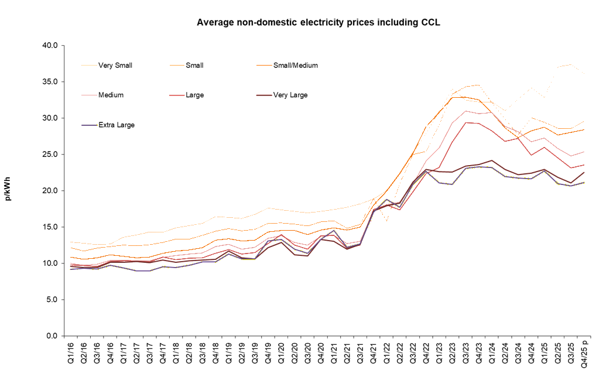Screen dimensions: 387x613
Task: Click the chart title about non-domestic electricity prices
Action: click(318, 23)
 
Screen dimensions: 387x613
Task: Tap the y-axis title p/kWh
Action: click(8, 191)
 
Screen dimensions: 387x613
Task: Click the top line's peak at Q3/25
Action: click(571, 64)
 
